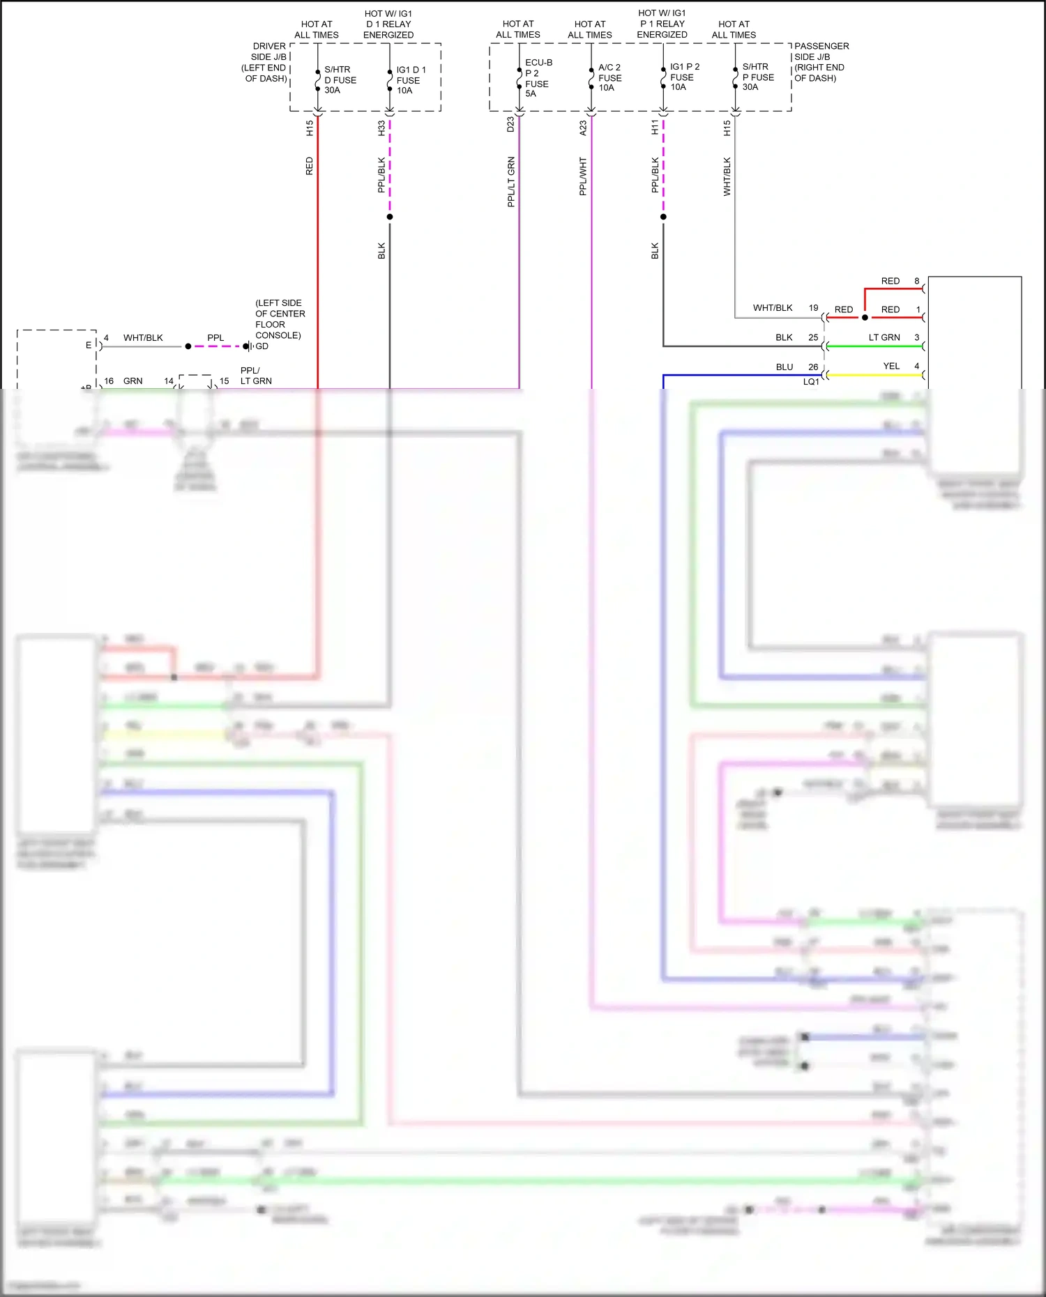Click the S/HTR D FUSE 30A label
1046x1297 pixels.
coord(340,80)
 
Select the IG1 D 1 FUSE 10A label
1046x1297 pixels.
coord(411,80)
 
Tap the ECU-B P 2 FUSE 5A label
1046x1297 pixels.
coord(538,78)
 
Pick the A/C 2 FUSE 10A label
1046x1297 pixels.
coord(609,77)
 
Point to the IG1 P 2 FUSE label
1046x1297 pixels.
coord(684,77)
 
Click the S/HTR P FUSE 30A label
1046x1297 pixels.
coord(757,77)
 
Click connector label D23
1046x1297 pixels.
coord(510,125)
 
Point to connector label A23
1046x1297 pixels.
coord(583,128)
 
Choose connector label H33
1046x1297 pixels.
coord(381,128)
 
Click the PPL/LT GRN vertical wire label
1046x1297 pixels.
coord(511,181)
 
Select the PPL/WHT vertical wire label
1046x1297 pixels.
coord(583,176)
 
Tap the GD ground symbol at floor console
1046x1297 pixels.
coord(247,346)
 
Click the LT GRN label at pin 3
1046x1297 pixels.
coord(884,337)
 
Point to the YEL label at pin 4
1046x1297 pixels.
coord(891,366)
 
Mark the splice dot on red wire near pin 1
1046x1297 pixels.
coord(865,318)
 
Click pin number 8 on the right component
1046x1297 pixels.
coord(917,281)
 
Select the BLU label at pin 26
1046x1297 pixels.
coord(784,367)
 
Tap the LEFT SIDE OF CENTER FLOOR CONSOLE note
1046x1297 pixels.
coord(278,319)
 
